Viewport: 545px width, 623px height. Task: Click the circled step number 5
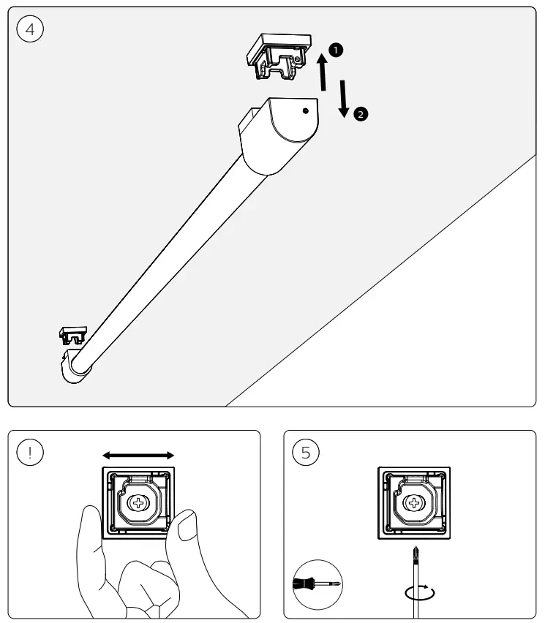305,452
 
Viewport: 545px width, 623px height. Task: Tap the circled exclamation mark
30,452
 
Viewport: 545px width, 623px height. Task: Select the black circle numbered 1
336,50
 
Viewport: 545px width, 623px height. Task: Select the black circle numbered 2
360,114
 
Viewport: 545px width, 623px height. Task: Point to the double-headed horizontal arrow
138,455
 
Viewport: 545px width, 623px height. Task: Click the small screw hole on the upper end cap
305,111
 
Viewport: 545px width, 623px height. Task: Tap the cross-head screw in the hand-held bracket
138,503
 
